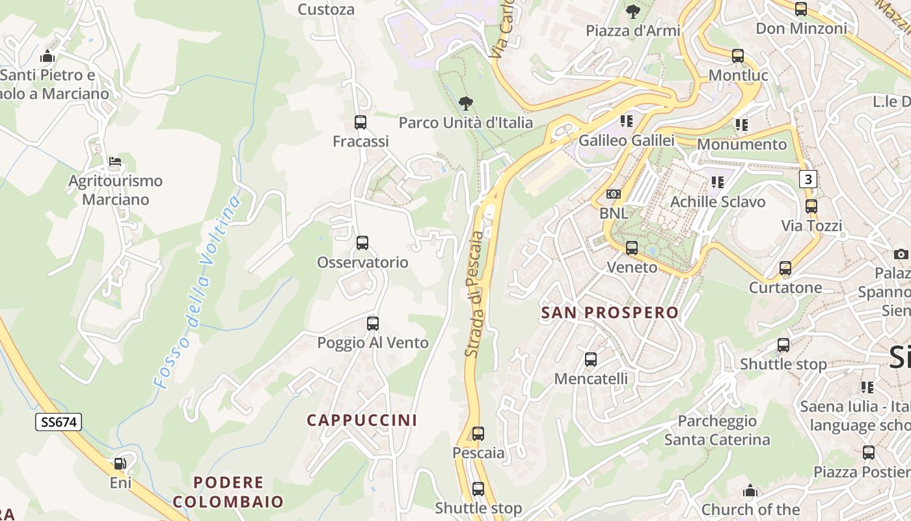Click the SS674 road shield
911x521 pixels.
pos(59,422)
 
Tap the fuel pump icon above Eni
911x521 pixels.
pos(120,464)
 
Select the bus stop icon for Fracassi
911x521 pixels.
pos(360,122)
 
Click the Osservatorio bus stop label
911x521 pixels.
pos(362,262)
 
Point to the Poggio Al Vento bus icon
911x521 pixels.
pos(372,323)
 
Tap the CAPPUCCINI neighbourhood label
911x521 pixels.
pos(362,420)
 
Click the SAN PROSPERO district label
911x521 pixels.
pos(610,313)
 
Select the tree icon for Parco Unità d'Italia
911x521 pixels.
pos(465,103)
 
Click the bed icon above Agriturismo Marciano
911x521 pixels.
pos(115,162)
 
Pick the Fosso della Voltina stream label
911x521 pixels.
pos(197,292)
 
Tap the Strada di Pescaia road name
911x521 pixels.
pos(475,294)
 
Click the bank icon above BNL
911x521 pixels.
pos(613,194)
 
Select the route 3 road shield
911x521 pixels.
pos(808,179)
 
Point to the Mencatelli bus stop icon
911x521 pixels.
pos(591,359)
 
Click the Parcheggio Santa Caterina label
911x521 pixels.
pos(717,430)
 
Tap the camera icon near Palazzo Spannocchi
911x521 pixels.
pos(901,254)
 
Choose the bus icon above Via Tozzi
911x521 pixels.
pos(811,206)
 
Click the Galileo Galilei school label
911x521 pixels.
pos(626,141)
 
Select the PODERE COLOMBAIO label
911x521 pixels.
pos(228,492)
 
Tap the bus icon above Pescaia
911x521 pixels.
pos(478,433)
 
